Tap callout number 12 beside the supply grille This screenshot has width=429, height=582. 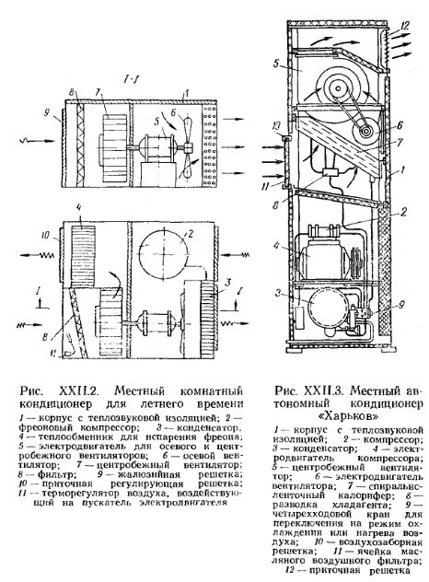[404, 25]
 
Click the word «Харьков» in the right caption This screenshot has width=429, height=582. [349, 415]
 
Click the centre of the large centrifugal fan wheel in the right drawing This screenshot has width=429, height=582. [338, 88]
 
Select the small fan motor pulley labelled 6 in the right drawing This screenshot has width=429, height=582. [365, 132]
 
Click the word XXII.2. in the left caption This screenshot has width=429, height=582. [77, 390]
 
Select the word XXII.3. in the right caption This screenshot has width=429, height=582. [324, 390]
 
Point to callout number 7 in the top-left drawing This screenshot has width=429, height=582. [98, 91]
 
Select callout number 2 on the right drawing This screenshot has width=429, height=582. [404, 211]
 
